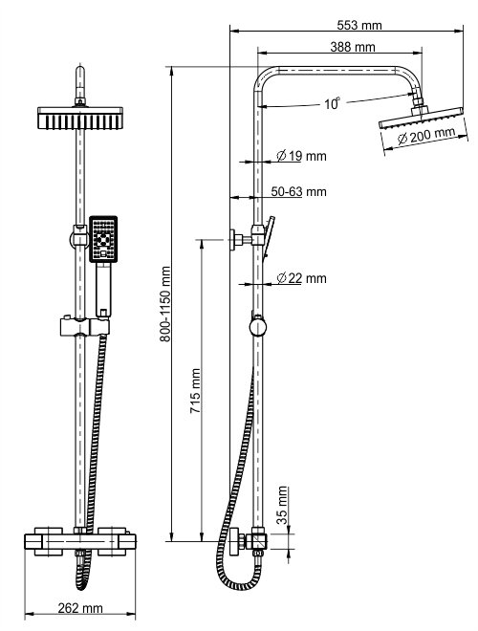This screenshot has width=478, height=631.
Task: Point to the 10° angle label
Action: (332, 104)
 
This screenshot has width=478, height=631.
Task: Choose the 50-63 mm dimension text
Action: (298, 192)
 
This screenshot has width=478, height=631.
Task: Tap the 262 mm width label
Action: (81, 608)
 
